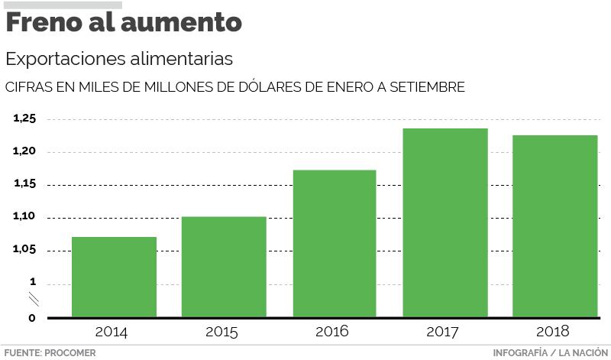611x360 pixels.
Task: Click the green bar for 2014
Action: [114, 277]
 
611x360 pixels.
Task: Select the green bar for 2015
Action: [224, 267]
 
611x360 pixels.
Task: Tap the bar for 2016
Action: [334, 243]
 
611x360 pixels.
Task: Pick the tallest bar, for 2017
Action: [445, 222]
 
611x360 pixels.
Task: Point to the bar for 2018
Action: [554, 226]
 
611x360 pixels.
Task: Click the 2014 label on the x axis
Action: [112, 332]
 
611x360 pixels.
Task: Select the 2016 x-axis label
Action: [331, 332]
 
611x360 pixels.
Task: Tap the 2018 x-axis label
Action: [553, 332]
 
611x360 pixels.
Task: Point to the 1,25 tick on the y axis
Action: [24, 118]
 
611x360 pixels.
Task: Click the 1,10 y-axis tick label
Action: [24, 217]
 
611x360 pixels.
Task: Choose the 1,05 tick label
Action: [24, 250]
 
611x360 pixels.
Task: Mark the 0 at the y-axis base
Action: [31, 317]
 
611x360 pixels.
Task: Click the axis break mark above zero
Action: [33, 299]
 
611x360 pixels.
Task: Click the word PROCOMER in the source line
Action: [70, 353]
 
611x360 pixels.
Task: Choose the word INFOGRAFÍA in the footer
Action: [520, 353]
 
